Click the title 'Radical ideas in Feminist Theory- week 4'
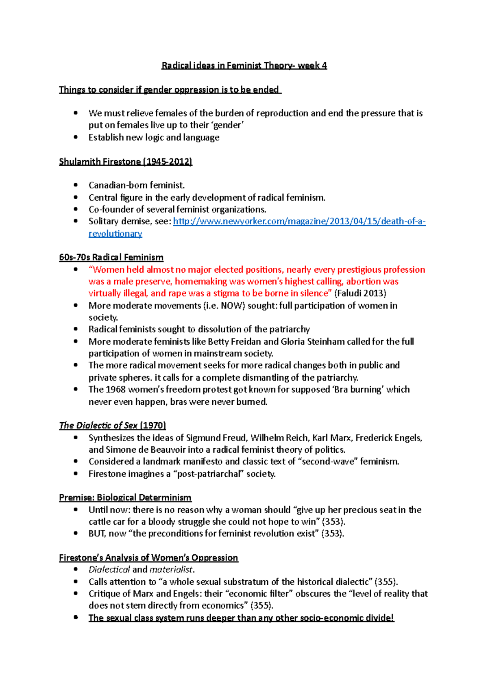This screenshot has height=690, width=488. [244, 65]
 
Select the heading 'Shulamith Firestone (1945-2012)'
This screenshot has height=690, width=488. [125, 161]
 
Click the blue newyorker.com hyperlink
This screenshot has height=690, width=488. [299, 221]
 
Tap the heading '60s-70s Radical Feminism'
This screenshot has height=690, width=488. [111, 257]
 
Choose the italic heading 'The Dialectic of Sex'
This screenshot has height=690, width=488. [98, 425]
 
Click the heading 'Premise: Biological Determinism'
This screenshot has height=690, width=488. [125, 497]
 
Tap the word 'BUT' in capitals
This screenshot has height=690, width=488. [97, 534]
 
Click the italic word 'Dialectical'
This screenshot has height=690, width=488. [109, 570]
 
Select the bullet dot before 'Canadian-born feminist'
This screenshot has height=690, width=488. [76, 185]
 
